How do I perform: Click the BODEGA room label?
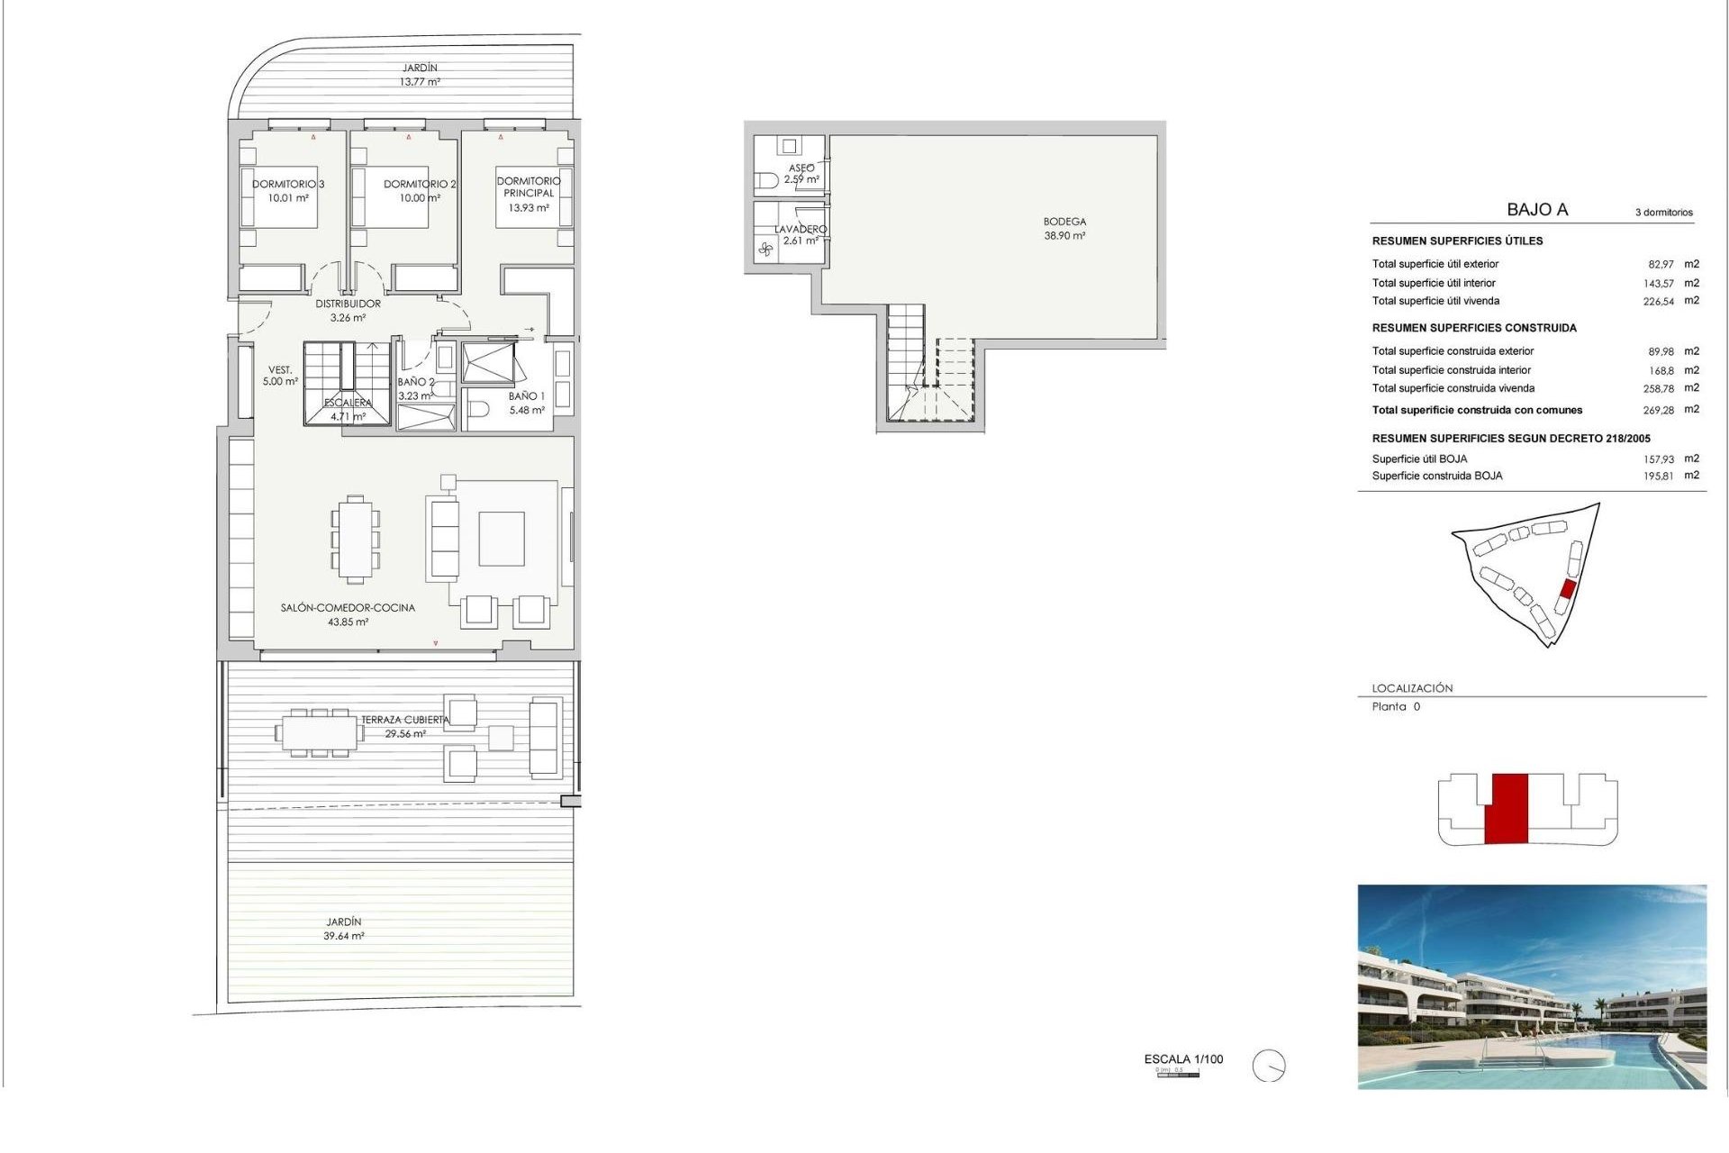[x=1064, y=222]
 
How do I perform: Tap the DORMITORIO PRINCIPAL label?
[x=529, y=187]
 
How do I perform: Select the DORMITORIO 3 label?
[x=287, y=184]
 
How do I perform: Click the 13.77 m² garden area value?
[x=420, y=82]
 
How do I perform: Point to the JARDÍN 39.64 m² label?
[x=344, y=929]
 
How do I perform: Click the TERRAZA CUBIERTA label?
[x=404, y=720]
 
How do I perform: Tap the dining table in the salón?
[x=356, y=539]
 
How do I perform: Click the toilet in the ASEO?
[x=766, y=180]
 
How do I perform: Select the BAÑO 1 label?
[x=526, y=396]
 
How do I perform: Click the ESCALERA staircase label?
[x=348, y=403]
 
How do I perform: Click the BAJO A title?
[x=1537, y=210]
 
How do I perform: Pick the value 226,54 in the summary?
[x=1658, y=302]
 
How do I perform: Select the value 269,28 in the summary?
[x=1658, y=410]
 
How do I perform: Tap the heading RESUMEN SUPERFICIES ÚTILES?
[x=1457, y=241]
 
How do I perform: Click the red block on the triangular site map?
[x=1567, y=590]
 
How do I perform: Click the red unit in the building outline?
[x=1506, y=808]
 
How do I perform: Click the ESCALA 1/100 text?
[x=1183, y=1059]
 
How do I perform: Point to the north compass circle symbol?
[x=1269, y=1067]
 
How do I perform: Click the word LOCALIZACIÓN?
[x=1412, y=688]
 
